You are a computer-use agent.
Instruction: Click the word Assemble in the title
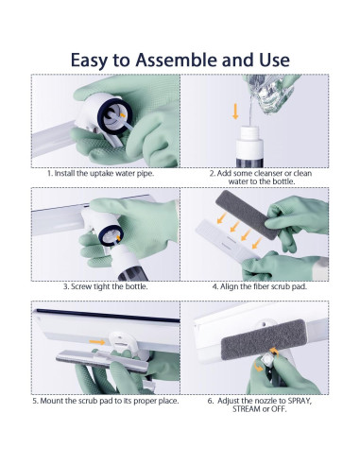pos(177,60)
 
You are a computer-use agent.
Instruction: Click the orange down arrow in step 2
pos(235,112)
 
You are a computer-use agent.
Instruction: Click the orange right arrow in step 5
pos(97,342)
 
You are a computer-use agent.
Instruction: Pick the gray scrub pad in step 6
pos(263,339)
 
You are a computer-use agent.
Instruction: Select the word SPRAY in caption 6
pos(300,401)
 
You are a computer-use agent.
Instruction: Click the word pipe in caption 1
pos(146,174)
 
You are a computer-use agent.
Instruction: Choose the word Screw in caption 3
pos(80,286)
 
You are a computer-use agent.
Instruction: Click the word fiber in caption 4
pos(261,286)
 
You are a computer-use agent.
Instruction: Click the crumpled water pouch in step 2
pos(271,92)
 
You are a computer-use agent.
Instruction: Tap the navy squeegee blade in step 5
pos(108,316)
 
